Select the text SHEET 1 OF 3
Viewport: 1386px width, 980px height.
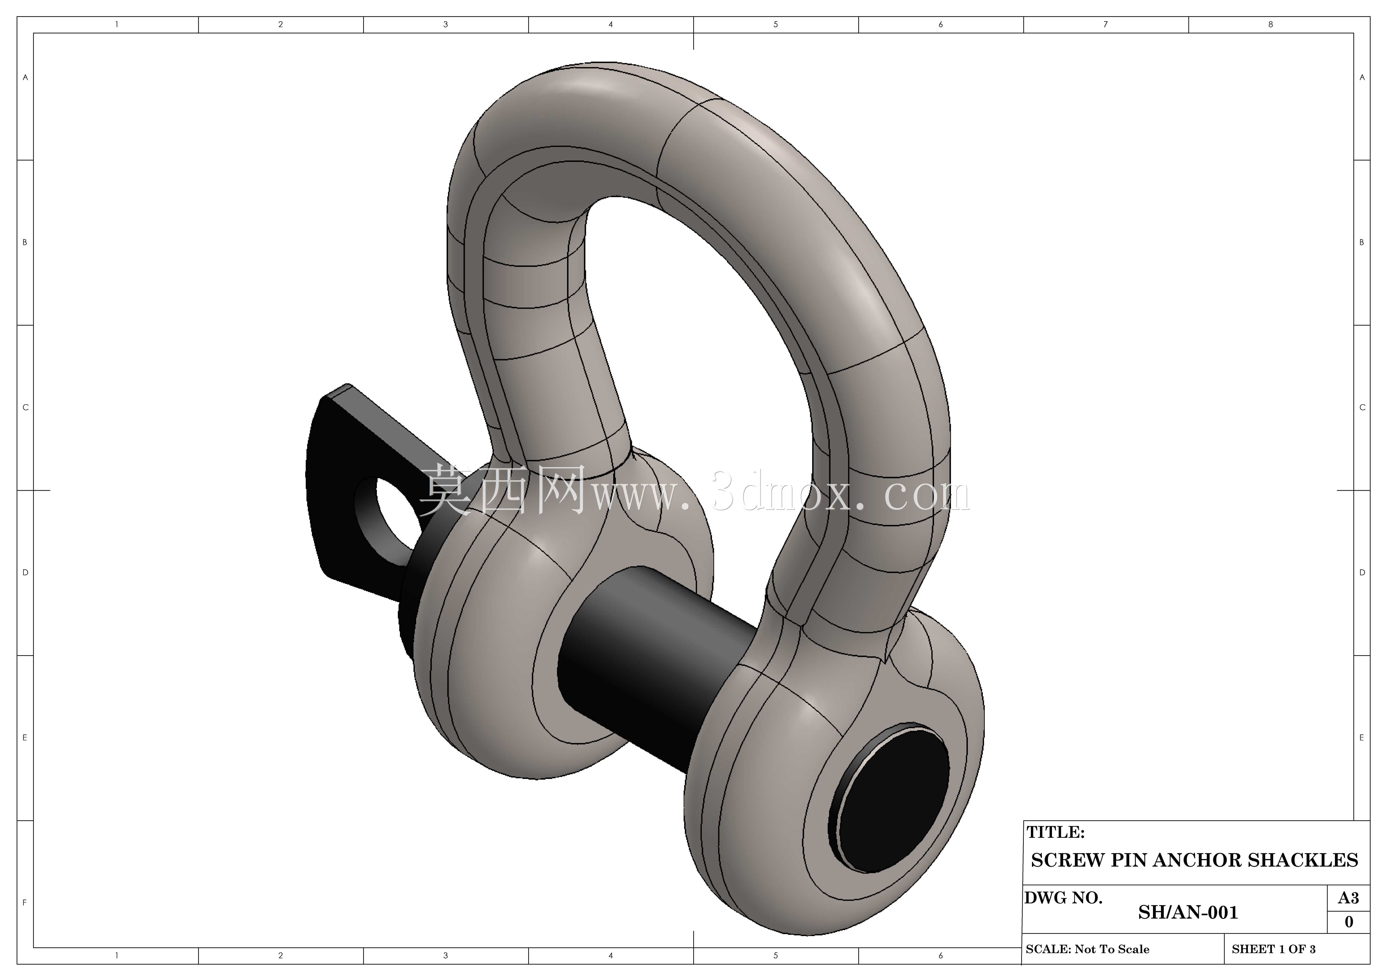pos(1274,949)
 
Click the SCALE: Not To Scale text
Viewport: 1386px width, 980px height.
pos(1087,949)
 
